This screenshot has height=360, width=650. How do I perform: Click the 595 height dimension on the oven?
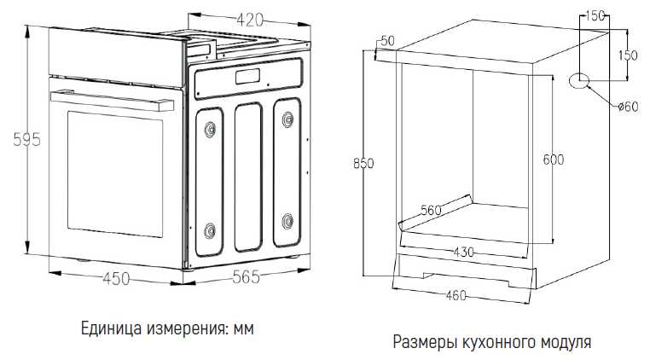pyautogui.click(x=27, y=139)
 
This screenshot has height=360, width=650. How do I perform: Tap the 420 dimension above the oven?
pyautogui.click(x=250, y=19)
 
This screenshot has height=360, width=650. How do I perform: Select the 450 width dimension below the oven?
pyautogui.click(x=116, y=279)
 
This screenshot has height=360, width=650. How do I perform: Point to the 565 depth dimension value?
pyautogui.click(x=246, y=276)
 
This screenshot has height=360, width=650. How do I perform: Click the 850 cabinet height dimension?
pyautogui.click(x=363, y=164)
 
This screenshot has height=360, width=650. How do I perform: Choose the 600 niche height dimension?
pyautogui.click(x=554, y=160)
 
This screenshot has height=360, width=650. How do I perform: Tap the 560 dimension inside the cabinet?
pyautogui.click(x=431, y=210)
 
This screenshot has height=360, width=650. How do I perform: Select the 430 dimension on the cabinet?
pyautogui.click(x=463, y=252)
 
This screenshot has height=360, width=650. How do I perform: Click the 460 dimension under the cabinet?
pyautogui.click(x=456, y=295)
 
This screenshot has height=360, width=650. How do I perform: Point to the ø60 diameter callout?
pyautogui.click(x=628, y=107)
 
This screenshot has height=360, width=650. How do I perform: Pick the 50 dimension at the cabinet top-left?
pyautogui.click(x=387, y=41)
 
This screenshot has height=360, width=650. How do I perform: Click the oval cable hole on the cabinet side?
pyautogui.click(x=579, y=80)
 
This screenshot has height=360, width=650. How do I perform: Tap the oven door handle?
pyautogui.click(x=112, y=102)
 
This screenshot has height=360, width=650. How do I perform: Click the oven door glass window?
pyautogui.click(x=115, y=174)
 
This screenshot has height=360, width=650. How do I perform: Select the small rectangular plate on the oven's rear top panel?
pyautogui.click(x=248, y=77)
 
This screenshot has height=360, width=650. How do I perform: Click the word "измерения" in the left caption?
pyautogui.click(x=186, y=329)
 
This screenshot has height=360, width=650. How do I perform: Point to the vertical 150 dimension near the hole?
pyautogui.click(x=628, y=55)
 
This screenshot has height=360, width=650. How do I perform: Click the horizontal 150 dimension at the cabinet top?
pyautogui.click(x=595, y=16)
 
